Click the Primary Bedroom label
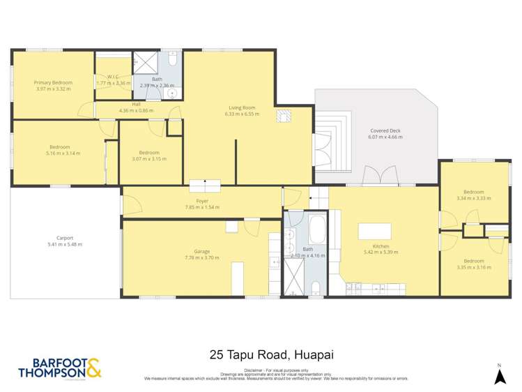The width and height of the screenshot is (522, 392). pos(53,82)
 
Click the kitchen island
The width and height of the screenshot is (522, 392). pos(374,231)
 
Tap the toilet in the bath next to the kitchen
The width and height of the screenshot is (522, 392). pos(316,287)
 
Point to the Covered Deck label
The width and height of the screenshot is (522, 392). pos(385,130)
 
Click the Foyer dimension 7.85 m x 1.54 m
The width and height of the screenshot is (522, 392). pos(202,207)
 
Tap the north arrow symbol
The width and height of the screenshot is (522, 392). pos(498,376)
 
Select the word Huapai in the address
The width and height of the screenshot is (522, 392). pos(315,354)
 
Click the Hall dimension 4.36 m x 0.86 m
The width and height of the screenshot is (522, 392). pos(137,110)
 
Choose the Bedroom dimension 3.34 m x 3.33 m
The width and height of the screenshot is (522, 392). pos(474,198)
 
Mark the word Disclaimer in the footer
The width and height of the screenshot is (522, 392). pos(254,370)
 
